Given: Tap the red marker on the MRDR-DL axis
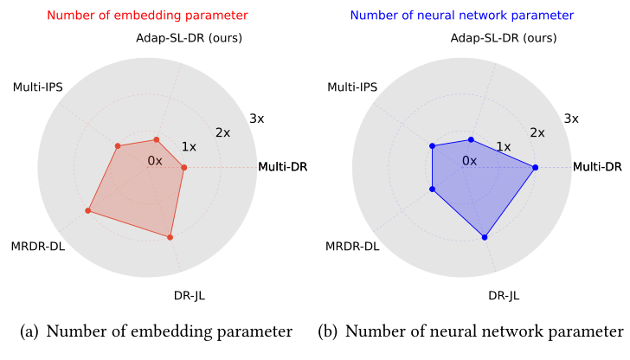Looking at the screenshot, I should click(88, 210).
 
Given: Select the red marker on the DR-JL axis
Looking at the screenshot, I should click(170, 236).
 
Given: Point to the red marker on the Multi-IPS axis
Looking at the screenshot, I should click(118, 146).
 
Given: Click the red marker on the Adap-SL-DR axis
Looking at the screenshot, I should click(157, 138).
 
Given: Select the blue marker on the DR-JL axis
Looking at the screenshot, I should click(485, 236).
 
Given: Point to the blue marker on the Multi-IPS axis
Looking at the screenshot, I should click(432, 146).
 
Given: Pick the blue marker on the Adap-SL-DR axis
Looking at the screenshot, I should click(471, 139).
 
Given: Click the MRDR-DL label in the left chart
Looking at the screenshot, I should click(38, 247).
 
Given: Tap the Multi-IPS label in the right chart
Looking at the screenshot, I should click(353, 87).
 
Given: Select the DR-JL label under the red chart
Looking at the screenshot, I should click(189, 296).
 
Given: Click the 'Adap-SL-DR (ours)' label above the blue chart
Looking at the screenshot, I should click(504, 38).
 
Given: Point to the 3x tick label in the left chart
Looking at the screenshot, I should click(256, 119).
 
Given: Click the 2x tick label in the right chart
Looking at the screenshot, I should click(537, 132).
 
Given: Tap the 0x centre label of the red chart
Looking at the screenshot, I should click(155, 161).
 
